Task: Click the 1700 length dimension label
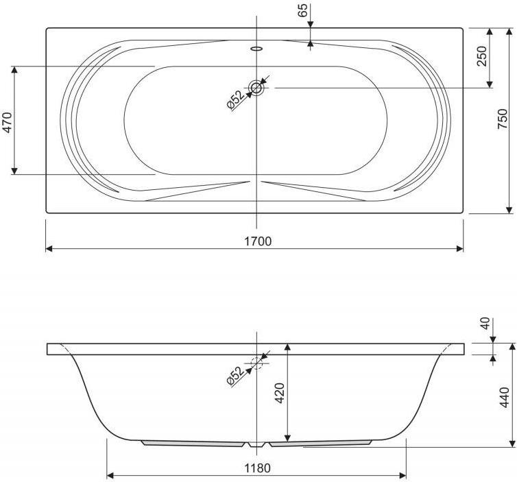pyautogui.click(x=258, y=241)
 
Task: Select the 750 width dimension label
pyautogui.click(x=502, y=119)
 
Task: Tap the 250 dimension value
pyautogui.click(x=482, y=56)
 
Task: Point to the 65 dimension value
pyautogui.click(x=303, y=10)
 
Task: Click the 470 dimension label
pyautogui.click(x=8, y=122)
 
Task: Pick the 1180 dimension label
pyautogui.click(x=258, y=468)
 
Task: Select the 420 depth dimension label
pyautogui.click(x=280, y=393)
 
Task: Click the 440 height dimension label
pyautogui.click(x=505, y=397)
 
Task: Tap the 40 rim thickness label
pyautogui.click(x=485, y=324)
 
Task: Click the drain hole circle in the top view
pyautogui.click(x=256, y=88)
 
